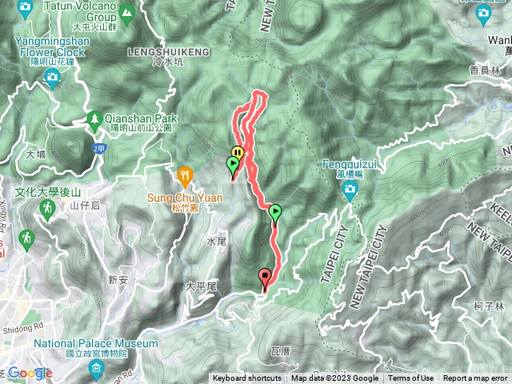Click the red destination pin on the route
tap(265, 278)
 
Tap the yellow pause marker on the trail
tap(238, 153)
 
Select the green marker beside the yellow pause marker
tap(233, 166)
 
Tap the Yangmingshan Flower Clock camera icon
tap(53, 78)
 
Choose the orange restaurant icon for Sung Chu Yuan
tap(186, 174)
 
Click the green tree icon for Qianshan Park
tap(94, 118)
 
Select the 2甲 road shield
tap(98, 148)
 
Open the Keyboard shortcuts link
tap(246, 378)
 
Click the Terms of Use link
tap(410, 378)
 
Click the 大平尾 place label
tap(201, 285)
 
